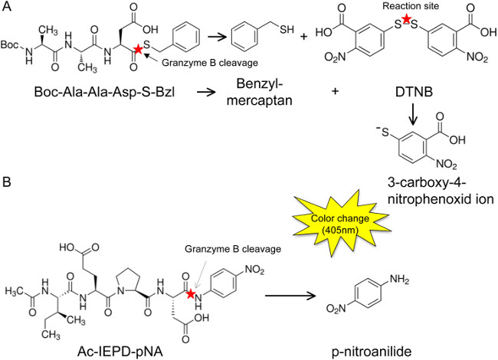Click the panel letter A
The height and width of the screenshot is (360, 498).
6,6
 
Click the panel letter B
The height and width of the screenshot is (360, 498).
6,182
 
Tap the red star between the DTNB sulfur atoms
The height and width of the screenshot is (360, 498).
406,20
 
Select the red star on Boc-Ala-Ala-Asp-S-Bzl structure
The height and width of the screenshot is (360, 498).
138,49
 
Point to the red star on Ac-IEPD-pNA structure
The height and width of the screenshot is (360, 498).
190,293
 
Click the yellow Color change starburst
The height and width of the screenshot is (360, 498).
340,224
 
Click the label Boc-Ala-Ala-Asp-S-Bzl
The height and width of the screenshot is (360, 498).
105,92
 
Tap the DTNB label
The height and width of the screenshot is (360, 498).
414,92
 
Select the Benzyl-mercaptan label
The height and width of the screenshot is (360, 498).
260,93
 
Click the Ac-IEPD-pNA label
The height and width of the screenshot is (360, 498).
120,352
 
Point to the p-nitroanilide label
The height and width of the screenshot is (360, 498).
372,352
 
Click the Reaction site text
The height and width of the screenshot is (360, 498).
411,6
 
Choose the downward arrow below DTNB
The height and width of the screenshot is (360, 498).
413,114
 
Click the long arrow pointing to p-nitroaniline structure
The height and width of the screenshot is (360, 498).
290,296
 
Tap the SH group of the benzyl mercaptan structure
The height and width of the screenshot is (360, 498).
287,30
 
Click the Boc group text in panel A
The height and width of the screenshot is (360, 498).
9,44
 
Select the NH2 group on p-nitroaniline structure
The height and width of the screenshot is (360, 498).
399,280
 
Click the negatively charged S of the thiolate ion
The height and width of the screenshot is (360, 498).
383,132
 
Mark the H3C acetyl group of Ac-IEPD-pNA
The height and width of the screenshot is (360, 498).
15,291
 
